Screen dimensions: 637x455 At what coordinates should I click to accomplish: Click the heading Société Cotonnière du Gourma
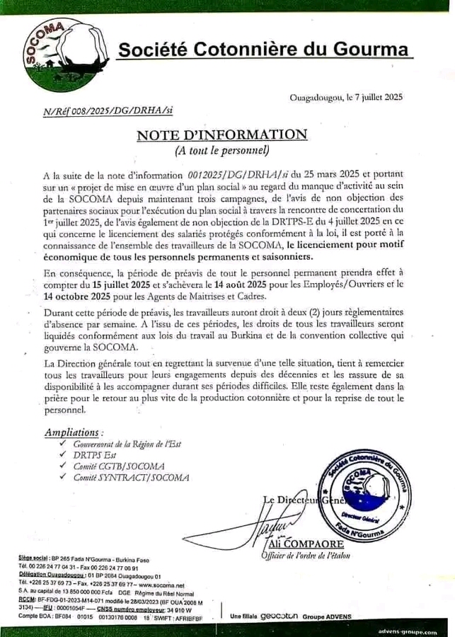click(263, 50)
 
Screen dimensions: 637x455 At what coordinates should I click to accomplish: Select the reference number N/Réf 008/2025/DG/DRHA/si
click(108, 111)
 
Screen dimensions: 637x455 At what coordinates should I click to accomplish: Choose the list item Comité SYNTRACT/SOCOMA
click(131, 478)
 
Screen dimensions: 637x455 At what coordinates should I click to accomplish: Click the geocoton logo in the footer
click(278, 616)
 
